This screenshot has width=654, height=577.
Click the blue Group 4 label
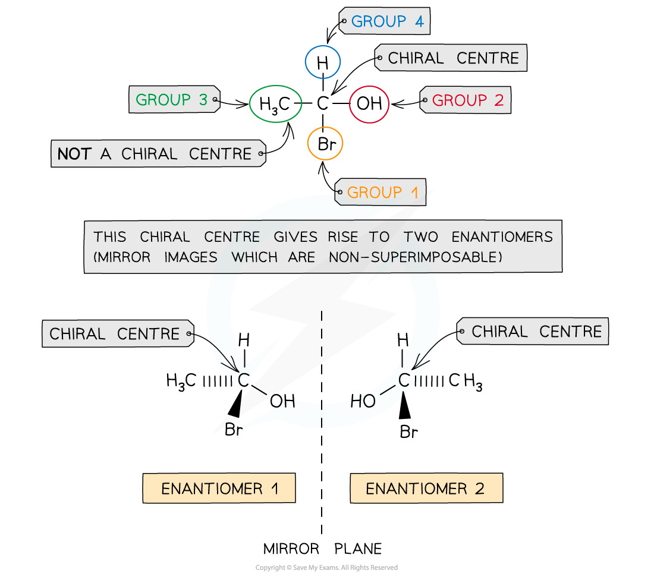(x=386, y=22)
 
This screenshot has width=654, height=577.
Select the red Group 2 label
(x=467, y=100)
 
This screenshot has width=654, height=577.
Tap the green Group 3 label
(x=172, y=100)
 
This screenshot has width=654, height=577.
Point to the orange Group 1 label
(x=382, y=193)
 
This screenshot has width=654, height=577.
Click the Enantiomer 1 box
(x=219, y=488)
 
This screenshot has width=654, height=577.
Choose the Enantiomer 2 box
(x=426, y=488)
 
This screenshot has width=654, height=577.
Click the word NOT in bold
(x=74, y=155)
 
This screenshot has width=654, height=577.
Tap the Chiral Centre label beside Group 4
(x=452, y=58)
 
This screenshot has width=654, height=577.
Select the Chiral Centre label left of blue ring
(x=115, y=334)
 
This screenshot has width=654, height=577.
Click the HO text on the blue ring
(x=363, y=402)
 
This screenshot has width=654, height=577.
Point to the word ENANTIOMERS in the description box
(x=502, y=237)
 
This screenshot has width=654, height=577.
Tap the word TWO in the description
(x=420, y=237)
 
